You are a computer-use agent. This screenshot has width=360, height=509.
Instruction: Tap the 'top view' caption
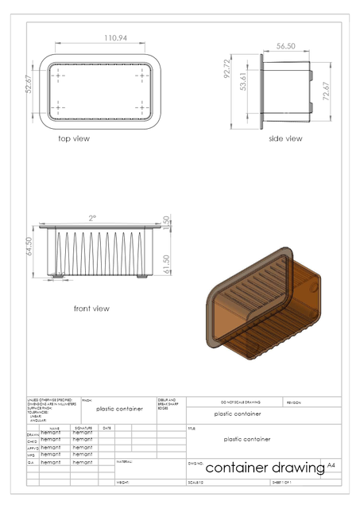74,138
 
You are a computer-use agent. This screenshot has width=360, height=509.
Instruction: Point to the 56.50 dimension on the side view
286,46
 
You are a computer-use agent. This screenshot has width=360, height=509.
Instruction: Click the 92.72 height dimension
227,80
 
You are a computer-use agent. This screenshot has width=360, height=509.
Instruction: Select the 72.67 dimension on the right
324,92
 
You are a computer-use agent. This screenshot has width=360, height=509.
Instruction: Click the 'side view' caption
285,138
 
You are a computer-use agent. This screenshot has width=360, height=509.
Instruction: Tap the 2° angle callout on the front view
92,217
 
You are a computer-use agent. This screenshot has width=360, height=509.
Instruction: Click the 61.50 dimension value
166,262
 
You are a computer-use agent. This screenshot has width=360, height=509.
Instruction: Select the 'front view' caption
91,309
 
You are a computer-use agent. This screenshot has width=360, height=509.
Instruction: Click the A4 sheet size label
331,464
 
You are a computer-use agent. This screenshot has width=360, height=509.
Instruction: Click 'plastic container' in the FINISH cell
119,409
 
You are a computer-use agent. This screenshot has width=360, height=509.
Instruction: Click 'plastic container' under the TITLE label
247,439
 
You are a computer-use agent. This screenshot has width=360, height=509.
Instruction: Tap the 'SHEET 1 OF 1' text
282,482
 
